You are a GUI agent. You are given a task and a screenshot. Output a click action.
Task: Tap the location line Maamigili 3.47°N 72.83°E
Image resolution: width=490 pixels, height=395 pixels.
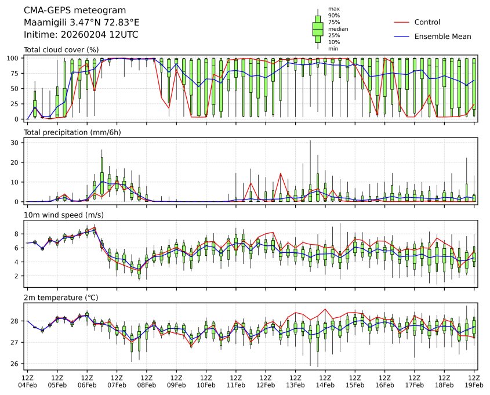pyautogui.click(x=81, y=23)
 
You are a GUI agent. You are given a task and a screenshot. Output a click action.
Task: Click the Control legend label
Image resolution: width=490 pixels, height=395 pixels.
pyautogui.click(x=427, y=23)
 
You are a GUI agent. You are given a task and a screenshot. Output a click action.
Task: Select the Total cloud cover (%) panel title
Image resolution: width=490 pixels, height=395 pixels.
pyautogui.click(x=61, y=50)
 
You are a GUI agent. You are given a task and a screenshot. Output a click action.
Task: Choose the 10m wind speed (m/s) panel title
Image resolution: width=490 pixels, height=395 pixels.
pyautogui.click(x=60, y=215)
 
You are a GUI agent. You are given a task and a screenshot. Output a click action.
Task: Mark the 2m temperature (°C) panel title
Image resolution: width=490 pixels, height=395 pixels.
pyautogui.click(x=61, y=298)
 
